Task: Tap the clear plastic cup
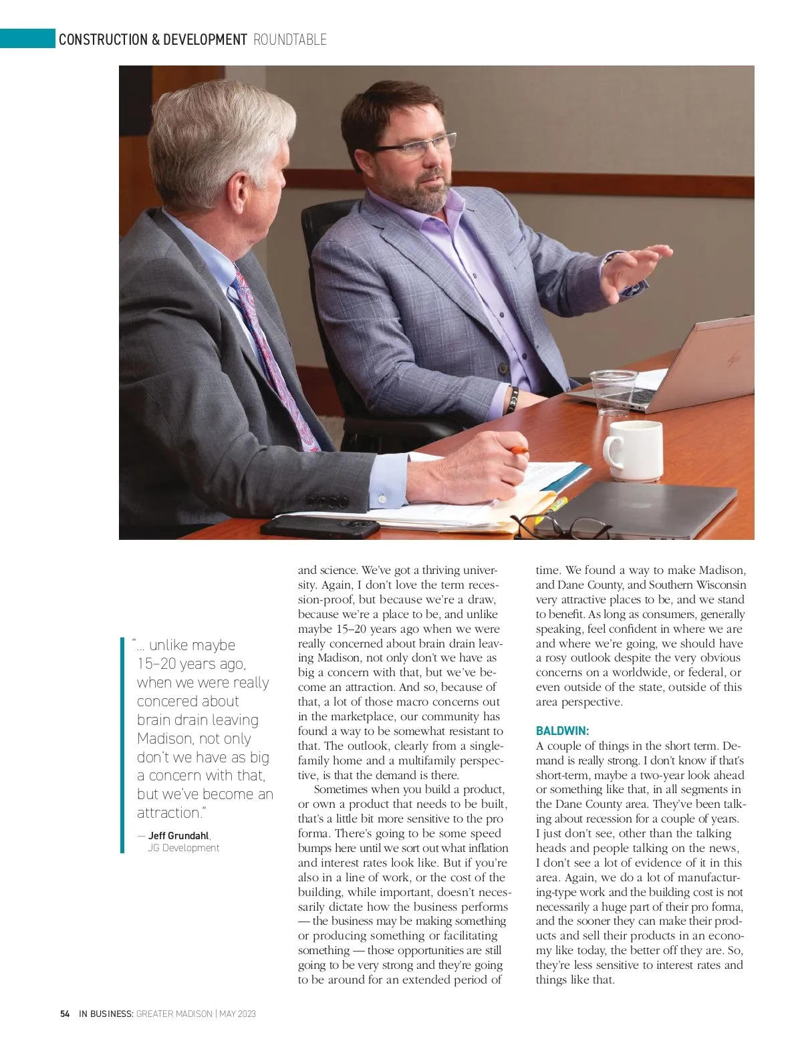[x=613, y=390]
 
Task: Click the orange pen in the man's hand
[x=519, y=452]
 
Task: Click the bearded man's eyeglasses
[x=418, y=145]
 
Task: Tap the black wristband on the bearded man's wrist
[x=513, y=399]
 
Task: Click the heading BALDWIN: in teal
[x=562, y=731]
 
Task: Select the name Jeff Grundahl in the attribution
[x=178, y=836]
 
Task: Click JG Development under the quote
[x=183, y=848]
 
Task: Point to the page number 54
[x=65, y=1014]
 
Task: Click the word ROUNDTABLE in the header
[x=290, y=40]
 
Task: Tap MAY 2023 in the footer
[x=238, y=1014]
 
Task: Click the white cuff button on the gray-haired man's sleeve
[x=382, y=498]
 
